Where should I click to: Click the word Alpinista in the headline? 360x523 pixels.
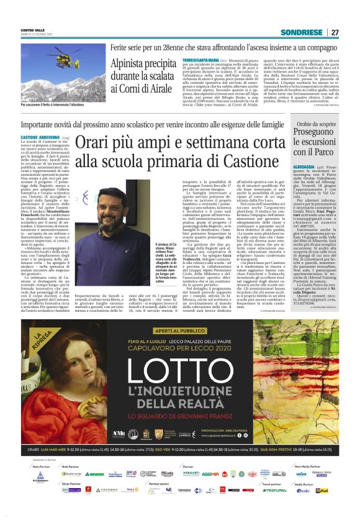pos(132,63)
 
